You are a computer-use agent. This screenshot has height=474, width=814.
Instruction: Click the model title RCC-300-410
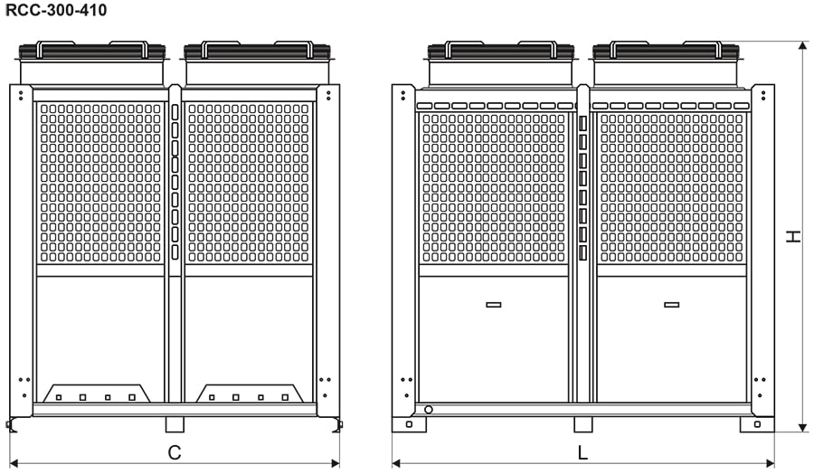56,11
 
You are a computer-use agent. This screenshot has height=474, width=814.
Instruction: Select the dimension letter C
175,450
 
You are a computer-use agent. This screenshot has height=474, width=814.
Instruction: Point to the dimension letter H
793,236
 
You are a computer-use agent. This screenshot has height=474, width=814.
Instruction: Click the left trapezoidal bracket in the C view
94,393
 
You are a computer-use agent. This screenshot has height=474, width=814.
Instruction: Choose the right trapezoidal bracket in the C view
249,393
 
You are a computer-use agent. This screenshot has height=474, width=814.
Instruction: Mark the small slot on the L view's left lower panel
493,304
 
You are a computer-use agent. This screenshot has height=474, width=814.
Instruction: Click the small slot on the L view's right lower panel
671,304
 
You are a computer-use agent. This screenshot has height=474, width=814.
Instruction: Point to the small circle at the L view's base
428,410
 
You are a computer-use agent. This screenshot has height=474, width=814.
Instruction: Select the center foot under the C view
175,424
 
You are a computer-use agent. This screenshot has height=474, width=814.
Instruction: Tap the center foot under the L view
583,424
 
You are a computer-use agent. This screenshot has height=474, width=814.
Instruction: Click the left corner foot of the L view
409,424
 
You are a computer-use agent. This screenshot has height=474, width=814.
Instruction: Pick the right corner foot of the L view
757,424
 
